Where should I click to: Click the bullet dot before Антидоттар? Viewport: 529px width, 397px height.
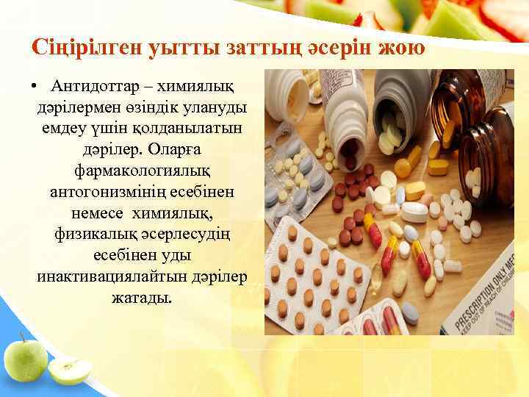click(x=36, y=88)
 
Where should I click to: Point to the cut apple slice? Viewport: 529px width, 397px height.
click(x=71, y=371)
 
